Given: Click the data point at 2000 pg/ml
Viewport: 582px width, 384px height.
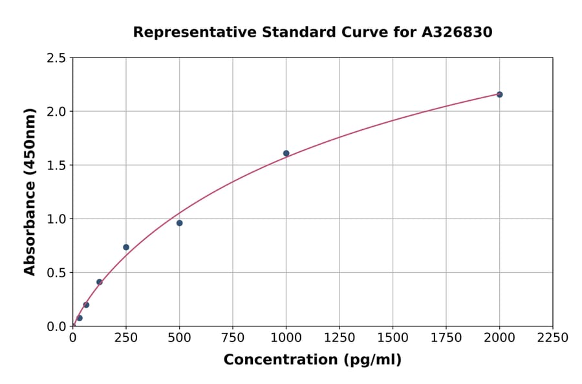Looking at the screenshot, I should click(499, 94).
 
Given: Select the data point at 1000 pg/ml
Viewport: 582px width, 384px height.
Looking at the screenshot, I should click(286, 153).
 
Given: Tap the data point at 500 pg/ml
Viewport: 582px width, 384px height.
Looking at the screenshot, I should click(179, 223).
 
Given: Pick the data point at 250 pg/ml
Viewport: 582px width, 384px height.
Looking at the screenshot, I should click(126, 247).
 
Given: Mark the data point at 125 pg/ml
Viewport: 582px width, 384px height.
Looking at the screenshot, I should click(100, 282).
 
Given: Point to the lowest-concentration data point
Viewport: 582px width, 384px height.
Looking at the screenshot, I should click(80, 318).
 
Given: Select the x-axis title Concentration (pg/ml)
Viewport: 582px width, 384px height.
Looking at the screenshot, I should click(312, 360).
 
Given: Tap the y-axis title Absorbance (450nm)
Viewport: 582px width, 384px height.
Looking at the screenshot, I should click(30, 191).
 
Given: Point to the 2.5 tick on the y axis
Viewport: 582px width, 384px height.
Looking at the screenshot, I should click(56, 58).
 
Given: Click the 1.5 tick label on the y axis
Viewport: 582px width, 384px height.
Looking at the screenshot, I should click(56, 165).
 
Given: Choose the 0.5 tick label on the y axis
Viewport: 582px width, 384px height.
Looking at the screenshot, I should click(56, 273).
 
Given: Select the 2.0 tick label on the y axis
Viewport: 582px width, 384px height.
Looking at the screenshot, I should click(56, 112).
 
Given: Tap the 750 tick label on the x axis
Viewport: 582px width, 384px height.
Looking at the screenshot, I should click(233, 338).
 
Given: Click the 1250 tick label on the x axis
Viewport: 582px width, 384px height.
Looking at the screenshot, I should click(339, 338).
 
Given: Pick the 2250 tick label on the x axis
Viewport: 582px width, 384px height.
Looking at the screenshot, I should click(553, 338).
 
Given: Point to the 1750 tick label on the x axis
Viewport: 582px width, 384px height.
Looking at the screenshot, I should click(446, 338).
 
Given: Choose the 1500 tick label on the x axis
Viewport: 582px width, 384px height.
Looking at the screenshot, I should click(393, 338).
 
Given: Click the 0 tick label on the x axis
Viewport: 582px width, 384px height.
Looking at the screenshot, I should click(72, 338).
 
